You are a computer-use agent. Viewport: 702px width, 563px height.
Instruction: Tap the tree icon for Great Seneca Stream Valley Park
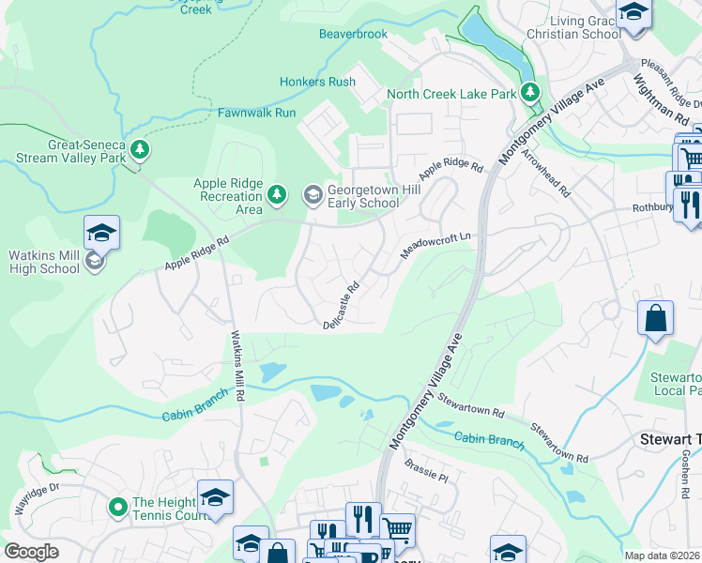pyautogui.click(x=140, y=150)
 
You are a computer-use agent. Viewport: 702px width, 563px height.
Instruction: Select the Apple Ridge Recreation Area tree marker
pyautogui.click(x=276, y=194)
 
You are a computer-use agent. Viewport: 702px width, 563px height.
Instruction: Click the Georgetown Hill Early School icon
pyautogui.click(x=312, y=195)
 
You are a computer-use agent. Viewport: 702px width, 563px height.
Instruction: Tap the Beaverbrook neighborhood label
pyautogui.click(x=353, y=34)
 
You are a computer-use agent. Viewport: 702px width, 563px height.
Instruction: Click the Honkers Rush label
pyautogui.click(x=317, y=82)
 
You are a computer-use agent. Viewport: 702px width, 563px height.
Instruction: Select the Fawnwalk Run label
pyautogui.click(x=256, y=113)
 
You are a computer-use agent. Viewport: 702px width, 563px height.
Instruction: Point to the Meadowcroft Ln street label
pyautogui.click(x=435, y=249)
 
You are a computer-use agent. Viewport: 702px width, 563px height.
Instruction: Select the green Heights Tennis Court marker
pyautogui.click(x=118, y=508)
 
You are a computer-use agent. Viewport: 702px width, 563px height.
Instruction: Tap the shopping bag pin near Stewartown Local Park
pyautogui.click(x=656, y=318)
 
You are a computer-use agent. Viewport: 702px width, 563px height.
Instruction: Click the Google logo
pyautogui.click(x=31, y=552)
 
